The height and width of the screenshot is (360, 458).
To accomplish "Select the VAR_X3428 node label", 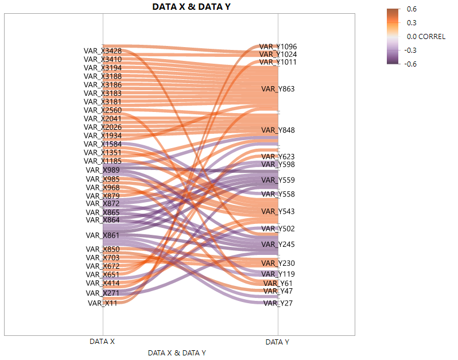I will point(103,51).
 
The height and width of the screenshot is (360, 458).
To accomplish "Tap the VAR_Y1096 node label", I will point(278,47).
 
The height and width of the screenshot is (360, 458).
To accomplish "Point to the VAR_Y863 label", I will point(278,89).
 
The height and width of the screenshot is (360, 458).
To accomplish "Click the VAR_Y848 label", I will point(278,130).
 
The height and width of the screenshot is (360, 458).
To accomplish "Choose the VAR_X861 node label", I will point(103,235).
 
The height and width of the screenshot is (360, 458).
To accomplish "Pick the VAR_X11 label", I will point(103,303).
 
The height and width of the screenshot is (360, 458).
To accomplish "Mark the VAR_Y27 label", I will point(278,303).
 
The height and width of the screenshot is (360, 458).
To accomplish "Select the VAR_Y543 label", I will point(278,212).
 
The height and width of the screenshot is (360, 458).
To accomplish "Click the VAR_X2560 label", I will point(103,110).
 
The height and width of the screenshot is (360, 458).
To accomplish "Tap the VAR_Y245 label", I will point(278,245).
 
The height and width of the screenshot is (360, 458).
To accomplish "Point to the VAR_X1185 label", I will point(103,161).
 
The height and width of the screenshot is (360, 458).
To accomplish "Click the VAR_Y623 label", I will point(278,157).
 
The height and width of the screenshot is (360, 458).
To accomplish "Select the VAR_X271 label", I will point(103,293).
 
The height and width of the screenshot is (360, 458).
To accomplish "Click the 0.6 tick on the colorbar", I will point(412,9).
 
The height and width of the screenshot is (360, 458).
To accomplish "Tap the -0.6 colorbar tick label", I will point(411,64).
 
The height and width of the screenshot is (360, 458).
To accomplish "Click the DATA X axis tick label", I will point(102,342).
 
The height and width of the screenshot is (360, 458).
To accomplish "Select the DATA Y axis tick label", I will point(277,342).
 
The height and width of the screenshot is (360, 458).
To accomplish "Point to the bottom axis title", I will point(177,353).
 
